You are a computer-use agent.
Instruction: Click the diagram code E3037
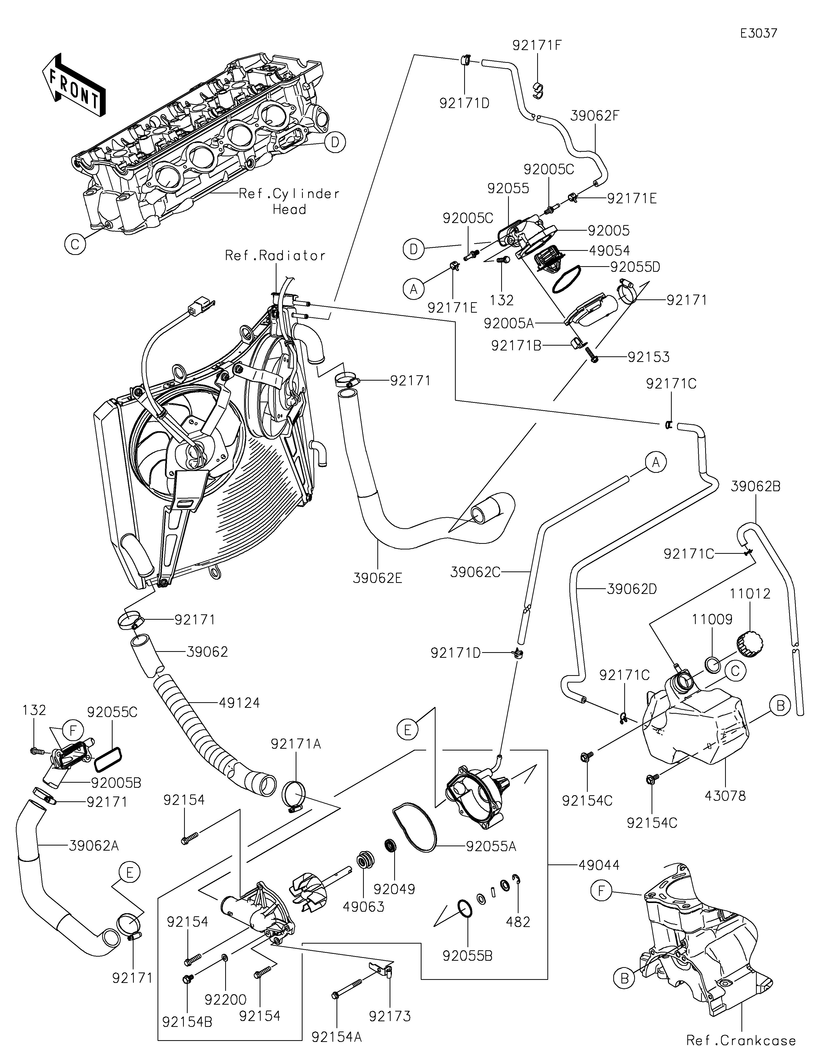(x=759, y=33)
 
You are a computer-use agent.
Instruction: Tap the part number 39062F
(x=595, y=116)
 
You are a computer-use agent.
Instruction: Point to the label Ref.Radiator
(x=275, y=256)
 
